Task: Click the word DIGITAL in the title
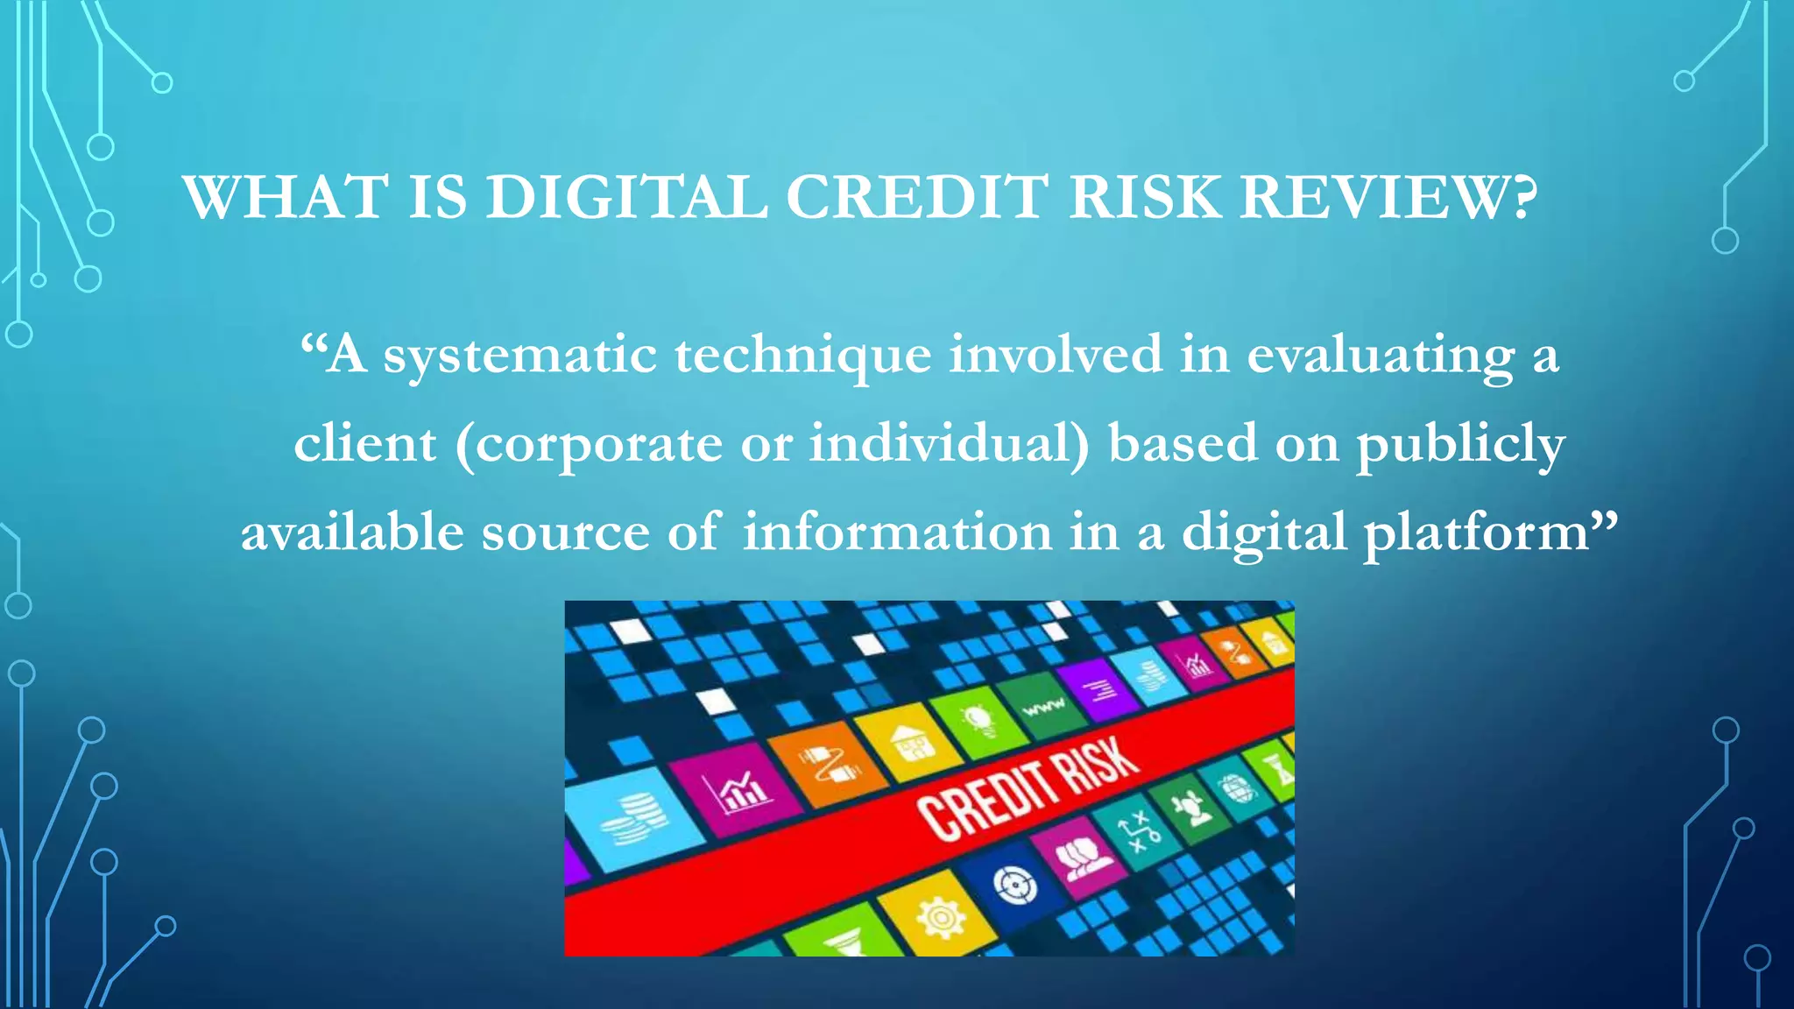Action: click(x=626, y=198)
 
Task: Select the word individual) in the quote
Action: click(x=950, y=443)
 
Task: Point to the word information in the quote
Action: click(x=897, y=533)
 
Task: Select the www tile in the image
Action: click(x=1044, y=705)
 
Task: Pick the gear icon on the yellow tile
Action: click(x=940, y=918)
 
